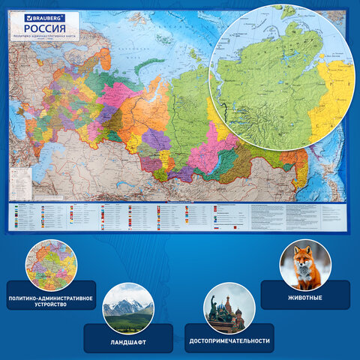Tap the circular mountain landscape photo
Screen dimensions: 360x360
(x=127, y=308)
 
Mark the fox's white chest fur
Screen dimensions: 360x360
(x=304, y=276)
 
